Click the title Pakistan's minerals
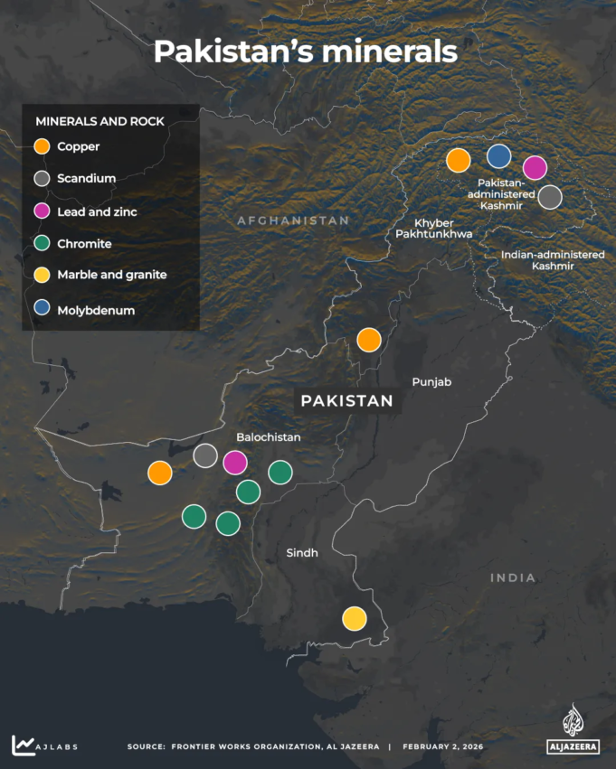click(305, 52)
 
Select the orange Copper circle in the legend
click(41, 146)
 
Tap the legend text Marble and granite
click(111, 275)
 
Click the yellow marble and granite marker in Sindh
click(355, 618)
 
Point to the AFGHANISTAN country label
click(292, 220)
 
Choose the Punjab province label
click(431, 382)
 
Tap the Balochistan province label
click(268, 437)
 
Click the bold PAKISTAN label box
click(346, 400)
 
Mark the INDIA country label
click(513, 577)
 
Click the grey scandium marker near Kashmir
click(550, 196)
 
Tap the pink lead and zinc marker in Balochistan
click(235, 462)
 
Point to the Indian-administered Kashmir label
click(553, 260)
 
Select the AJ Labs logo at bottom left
click(43, 746)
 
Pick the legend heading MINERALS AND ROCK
click(100, 121)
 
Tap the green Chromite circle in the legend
click(41, 244)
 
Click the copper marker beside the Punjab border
click(369, 340)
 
